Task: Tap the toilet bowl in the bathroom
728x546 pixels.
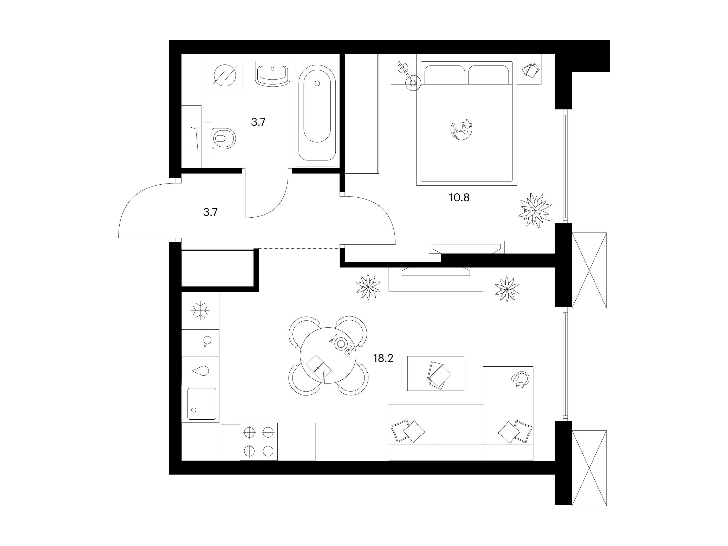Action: pyautogui.click(x=224, y=139)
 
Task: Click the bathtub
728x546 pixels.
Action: pyautogui.click(x=317, y=114)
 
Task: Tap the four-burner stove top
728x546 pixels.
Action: pyautogui.click(x=259, y=441)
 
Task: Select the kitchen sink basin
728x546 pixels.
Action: pyautogui.click(x=201, y=404)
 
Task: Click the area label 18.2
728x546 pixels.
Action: pyautogui.click(x=383, y=358)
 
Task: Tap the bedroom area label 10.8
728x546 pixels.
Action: pyautogui.click(x=459, y=197)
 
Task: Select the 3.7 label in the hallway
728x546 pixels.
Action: pyautogui.click(x=210, y=212)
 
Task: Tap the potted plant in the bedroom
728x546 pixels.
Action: pyautogui.click(x=535, y=210)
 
